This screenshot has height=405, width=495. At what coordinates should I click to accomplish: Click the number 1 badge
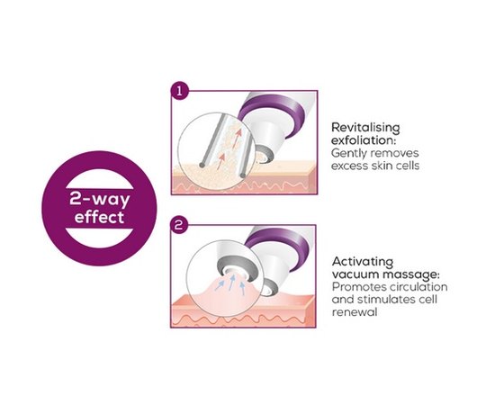(179, 92)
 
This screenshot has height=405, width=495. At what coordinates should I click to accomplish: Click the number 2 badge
(179, 225)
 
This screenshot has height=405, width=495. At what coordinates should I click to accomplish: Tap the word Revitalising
(365, 128)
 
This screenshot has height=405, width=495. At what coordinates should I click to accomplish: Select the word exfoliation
(363, 140)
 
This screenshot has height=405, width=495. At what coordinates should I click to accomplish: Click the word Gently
(349, 154)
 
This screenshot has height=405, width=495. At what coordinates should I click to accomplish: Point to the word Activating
(363, 262)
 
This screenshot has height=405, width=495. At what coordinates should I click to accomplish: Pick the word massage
(411, 275)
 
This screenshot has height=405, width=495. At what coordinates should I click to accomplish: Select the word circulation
(418, 287)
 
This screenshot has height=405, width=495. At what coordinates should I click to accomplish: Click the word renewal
(355, 312)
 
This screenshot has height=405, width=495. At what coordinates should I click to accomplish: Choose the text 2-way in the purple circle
(99, 200)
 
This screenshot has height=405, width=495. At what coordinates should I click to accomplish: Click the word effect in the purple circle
(99, 218)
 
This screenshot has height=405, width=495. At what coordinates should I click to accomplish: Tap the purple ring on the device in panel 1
(272, 113)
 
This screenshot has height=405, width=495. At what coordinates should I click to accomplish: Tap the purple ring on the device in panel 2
(278, 247)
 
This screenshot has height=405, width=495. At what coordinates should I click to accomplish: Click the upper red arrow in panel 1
(237, 138)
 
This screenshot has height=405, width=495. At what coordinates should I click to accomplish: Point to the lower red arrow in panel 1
(221, 161)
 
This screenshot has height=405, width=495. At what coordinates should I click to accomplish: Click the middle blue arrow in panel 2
(232, 282)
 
